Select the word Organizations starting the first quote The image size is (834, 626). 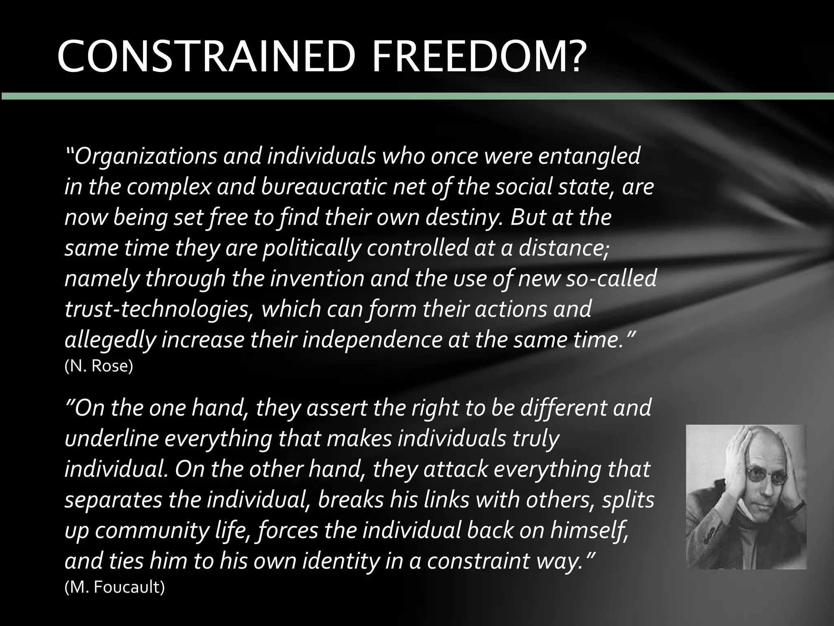coord(145,156)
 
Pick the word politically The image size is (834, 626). coord(312,248)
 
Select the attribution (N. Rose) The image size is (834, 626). coord(99,366)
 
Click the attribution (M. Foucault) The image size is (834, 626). coord(114,587)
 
